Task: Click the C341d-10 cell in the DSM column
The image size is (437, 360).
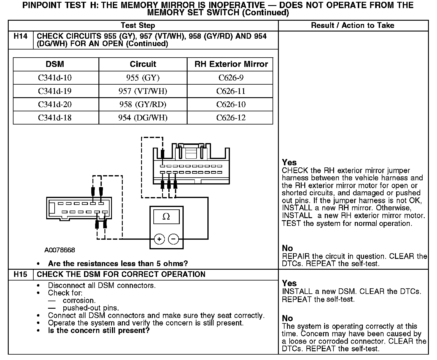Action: tap(55, 78)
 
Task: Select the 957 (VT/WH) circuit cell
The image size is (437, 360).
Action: tap(143, 91)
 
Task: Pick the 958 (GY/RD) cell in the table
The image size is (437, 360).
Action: tap(143, 104)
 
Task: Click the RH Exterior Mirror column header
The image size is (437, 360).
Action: tap(231, 64)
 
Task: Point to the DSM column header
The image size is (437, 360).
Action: tap(55, 64)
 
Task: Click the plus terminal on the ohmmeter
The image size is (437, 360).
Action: tap(159, 239)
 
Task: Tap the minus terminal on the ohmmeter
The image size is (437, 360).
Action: tap(173, 239)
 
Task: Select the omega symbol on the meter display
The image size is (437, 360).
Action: tap(166, 217)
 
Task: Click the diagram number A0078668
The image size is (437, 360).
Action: tap(60, 250)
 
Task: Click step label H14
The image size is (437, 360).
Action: tap(21, 36)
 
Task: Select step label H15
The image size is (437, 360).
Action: tap(21, 274)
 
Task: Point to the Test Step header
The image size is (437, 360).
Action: tap(138, 25)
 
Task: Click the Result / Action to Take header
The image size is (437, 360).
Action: tap(353, 25)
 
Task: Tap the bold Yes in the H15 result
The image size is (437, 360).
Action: tap(289, 283)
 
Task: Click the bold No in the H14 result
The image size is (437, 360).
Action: tap(287, 248)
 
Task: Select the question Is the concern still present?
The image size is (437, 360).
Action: tap(99, 331)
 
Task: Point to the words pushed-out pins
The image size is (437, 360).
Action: tap(91, 308)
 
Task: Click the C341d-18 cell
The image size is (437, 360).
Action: tap(55, 118)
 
